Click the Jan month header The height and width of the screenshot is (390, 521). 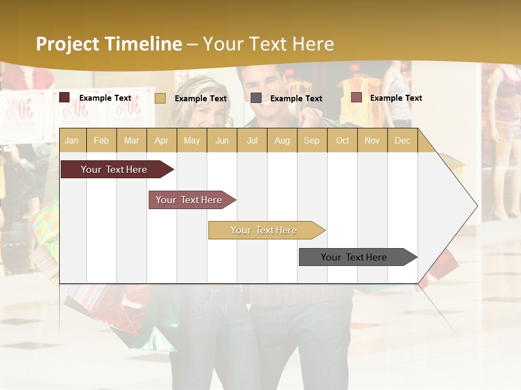pos(72,140)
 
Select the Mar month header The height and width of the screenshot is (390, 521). pos(131,140)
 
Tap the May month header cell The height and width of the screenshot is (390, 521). pos(192,140)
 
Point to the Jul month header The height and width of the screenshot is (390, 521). pos(252,140)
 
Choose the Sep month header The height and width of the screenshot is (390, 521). pos(312,140)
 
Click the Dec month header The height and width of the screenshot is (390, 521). pos(402,140)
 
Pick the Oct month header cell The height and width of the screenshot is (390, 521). pos(342,140)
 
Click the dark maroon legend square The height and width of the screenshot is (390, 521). pos(65,97)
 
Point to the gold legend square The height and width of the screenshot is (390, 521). pos(160,98)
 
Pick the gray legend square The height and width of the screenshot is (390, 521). pos(256,97)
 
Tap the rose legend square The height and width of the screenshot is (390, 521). pos(356,97)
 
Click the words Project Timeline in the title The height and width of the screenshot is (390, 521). pos(109,44)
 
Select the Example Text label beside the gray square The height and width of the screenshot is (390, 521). pos(296,98)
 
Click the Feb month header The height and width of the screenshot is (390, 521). pos(101,140)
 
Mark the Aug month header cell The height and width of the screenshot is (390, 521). pos(282,140)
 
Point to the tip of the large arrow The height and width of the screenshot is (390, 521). pos(476,206)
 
